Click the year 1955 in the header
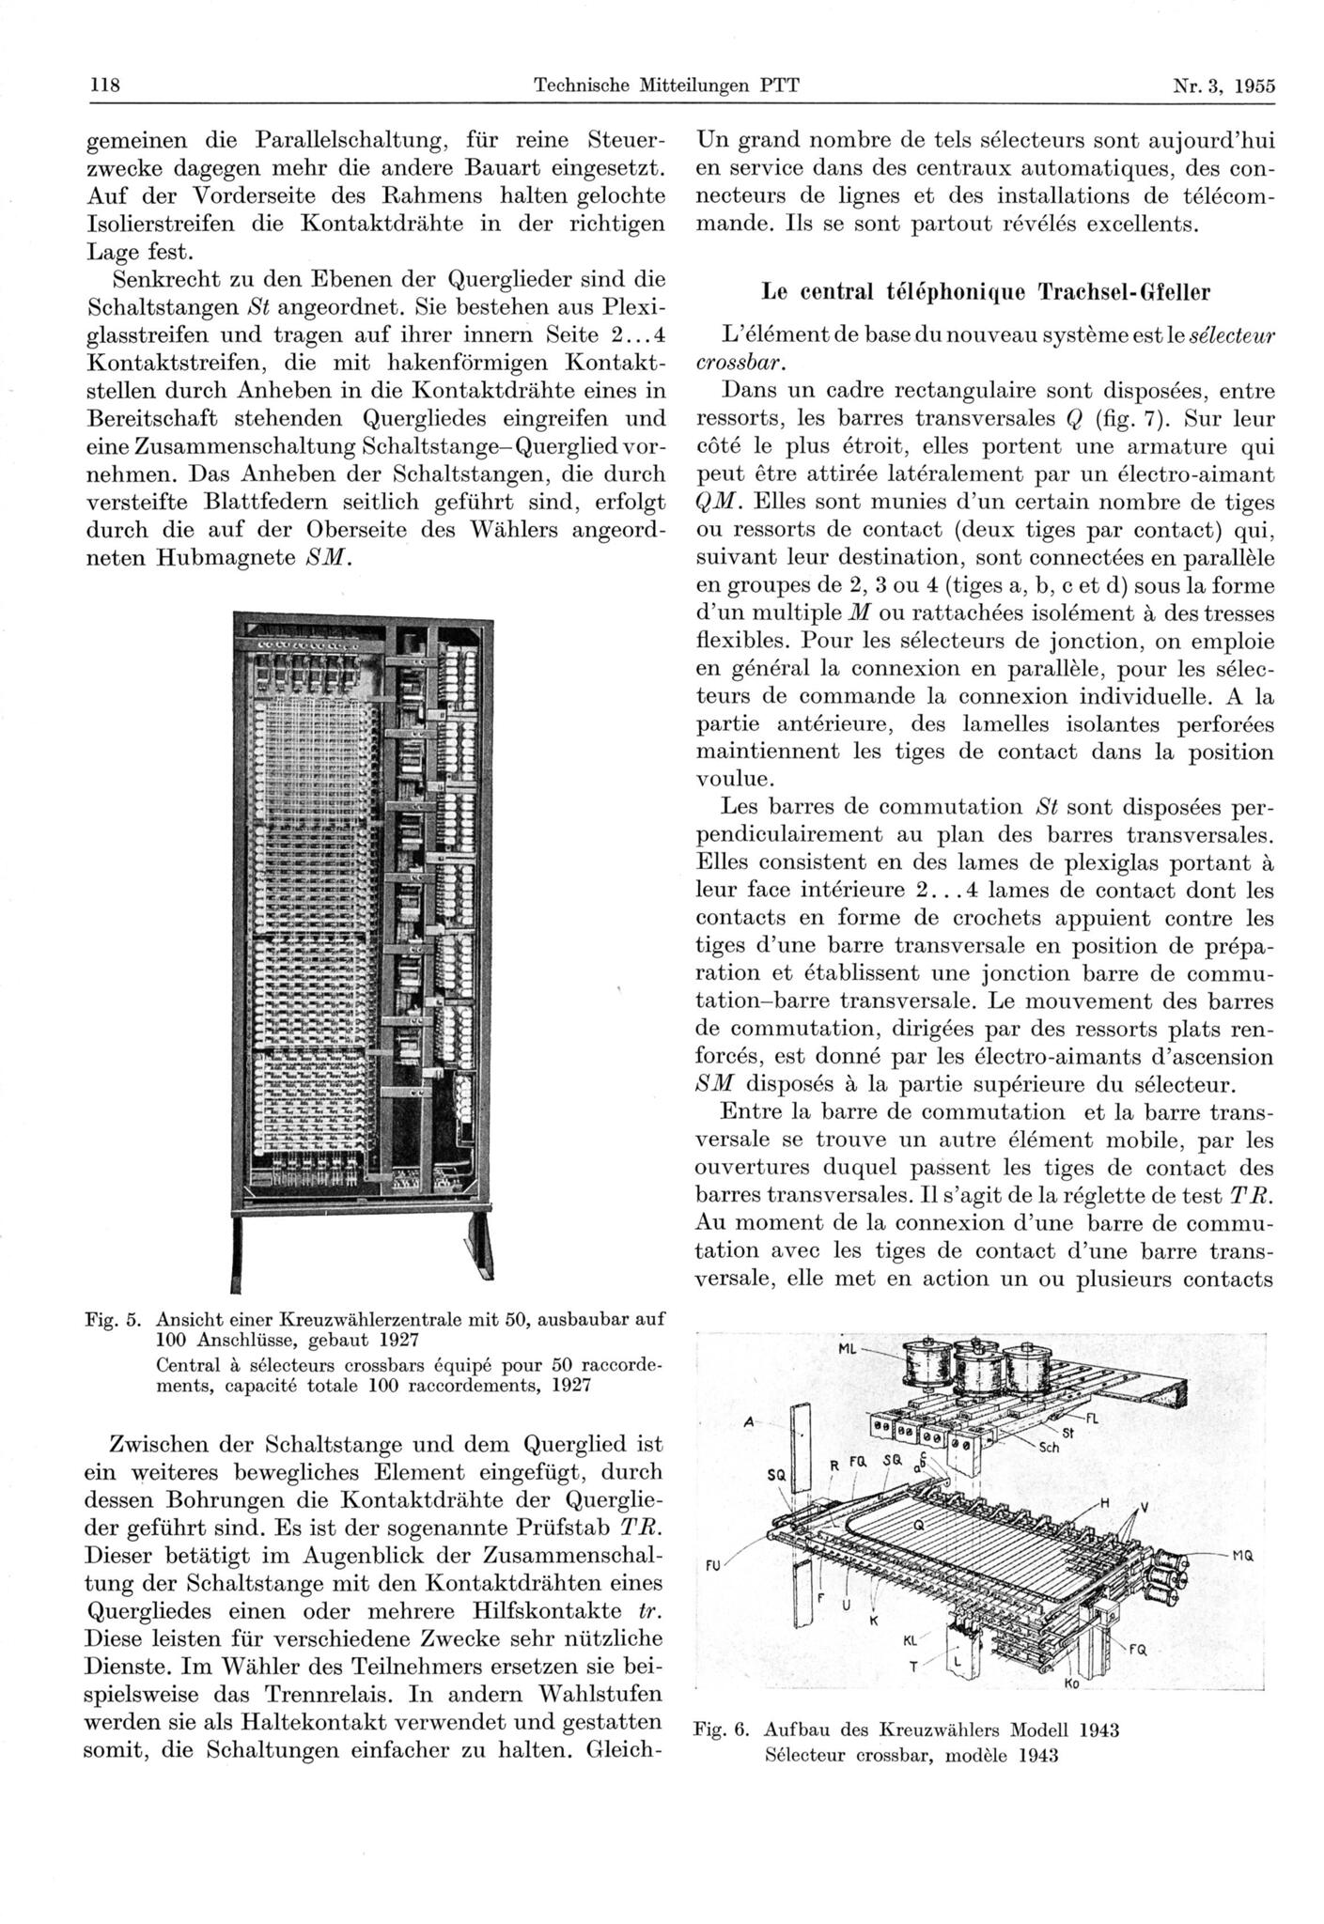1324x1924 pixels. click(x=1254, y=85)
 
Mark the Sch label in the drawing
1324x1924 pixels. click(x=1049, y=1448)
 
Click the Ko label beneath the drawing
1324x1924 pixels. click(x=1071, y=1683)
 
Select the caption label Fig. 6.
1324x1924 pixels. click(x=719, y=1730)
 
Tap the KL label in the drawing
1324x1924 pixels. click(x=909, y=1641)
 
